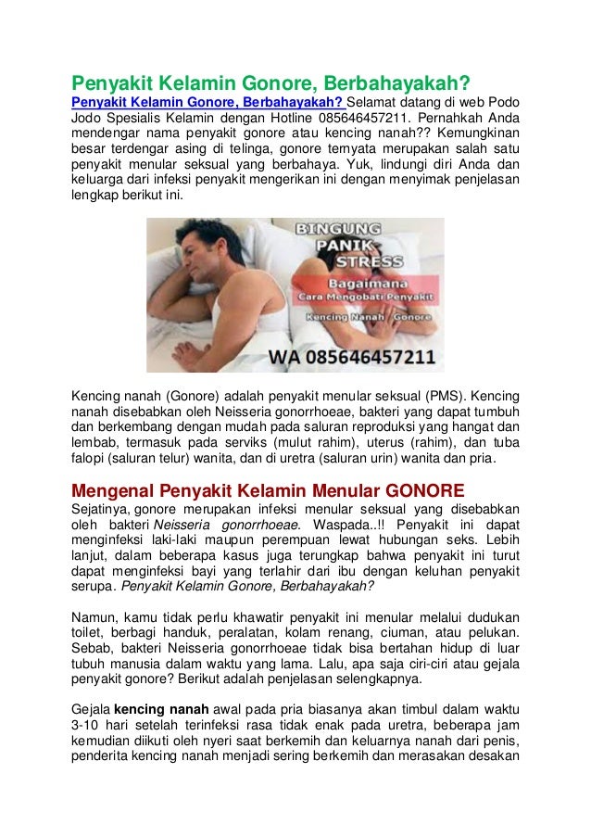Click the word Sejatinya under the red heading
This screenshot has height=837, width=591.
pos(102,509)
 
